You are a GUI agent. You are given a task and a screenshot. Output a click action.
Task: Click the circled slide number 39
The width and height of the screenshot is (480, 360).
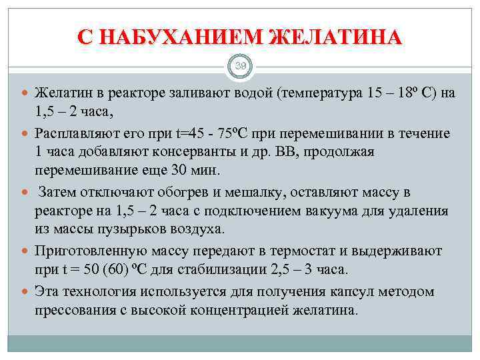[x=240, y=65]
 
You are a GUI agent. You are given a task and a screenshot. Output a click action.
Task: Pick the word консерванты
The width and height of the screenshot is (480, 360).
[x=193, y=151]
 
